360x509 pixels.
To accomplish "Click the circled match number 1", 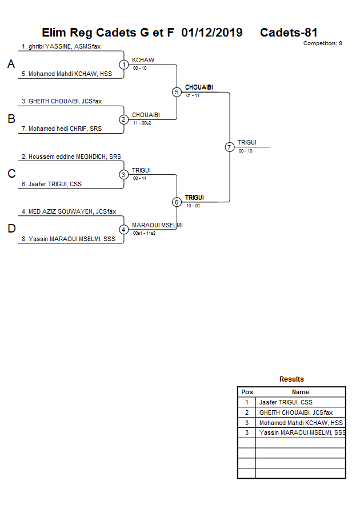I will tap(124, 65).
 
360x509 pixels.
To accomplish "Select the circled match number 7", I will tap(230, 147).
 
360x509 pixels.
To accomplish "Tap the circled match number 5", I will tap(177, 92).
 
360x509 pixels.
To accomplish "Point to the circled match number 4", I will tap(124, 230).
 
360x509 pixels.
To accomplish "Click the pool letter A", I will tap(11, 65).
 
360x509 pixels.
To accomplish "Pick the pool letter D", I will tap(11, 229).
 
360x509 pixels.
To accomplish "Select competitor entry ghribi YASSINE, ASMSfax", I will tap(61, 46).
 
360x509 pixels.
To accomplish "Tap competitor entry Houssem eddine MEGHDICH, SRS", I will tap(71, 156).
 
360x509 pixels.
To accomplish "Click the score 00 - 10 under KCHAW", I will tap(139, 68).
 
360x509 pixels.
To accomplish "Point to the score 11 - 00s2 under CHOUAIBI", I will tap(142, 123).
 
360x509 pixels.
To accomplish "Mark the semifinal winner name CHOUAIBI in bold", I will tap(199, 87).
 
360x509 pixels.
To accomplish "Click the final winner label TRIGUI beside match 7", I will tap(247, 142).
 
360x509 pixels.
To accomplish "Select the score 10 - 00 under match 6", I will tap(193, 206).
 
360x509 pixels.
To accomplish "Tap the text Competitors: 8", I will tap(322, 43).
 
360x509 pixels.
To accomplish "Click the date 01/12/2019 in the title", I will tap(211, 33).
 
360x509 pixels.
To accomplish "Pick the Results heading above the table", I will tap(291, 379).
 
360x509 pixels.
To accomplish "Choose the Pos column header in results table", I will tap(247, 392).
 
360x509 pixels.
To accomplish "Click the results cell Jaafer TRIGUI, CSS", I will tap(286, 402).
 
